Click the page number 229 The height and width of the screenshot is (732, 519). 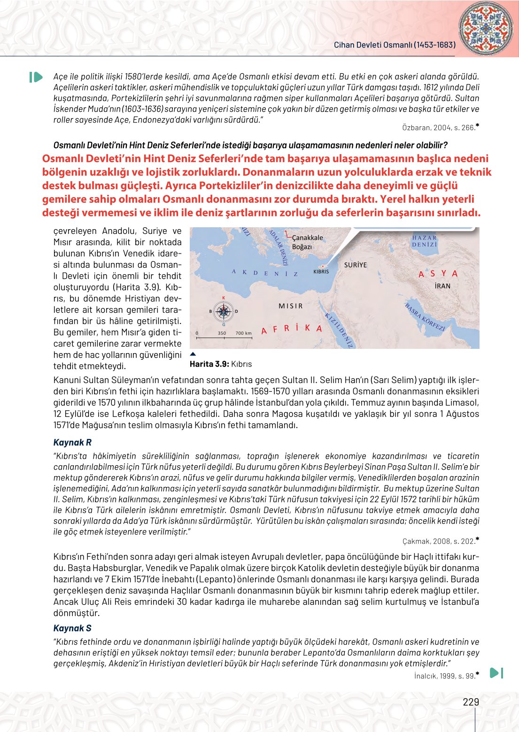pyautogui.click(x=471, y=702)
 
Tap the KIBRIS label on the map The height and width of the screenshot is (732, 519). pyautogui.click(x=321, y=271)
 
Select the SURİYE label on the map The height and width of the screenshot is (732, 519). pyautogui.click(x=356, y=265)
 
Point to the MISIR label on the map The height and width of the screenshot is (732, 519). pyautogui.click(x=291, y=306)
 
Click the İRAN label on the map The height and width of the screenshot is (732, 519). pyautogui.click(x=442, y=285)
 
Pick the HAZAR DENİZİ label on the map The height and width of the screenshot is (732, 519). pyautogui.click(x=425, y=241)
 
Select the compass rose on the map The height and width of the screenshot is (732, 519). pyautogui.click(x=224, y=311)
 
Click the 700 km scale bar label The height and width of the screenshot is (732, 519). pyautogui.click(x=243, y=333)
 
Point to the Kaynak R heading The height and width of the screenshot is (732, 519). pyautogui.click(x=72, y=442)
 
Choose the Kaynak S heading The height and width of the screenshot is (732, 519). pyautogui.click(x=72, y=628)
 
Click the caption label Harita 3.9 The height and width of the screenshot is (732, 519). pyautogui.click(x=209, y=364)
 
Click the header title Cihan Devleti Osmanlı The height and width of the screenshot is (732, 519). pyautogui.click(x=395, y=45)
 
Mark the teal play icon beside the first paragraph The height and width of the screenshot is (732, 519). pyautogui.click(x=36, y=77)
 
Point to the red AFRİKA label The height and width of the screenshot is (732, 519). pyautogui.click(x=291, y=328)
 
